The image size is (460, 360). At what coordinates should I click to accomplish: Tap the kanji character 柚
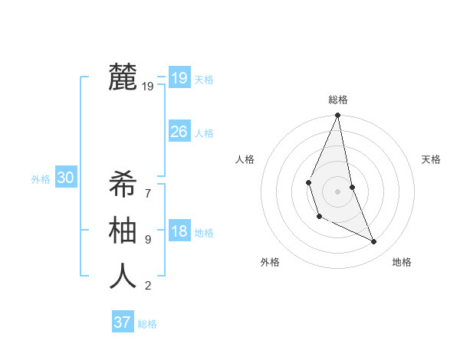[x=123, y=230]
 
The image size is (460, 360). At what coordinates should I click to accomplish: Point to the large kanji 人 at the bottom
[x=123, y=276]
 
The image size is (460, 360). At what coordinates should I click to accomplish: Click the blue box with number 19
[x=179, y=78]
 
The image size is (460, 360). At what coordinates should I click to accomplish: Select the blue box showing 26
[x=179, y=132]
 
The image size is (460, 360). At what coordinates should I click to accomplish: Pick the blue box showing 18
[x=179, y=231]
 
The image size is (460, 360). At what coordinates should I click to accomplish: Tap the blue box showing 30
[x=65, y=178]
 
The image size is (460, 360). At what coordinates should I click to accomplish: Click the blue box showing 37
[x=122, y=322]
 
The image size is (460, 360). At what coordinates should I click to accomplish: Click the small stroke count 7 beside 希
[x=148, y=185]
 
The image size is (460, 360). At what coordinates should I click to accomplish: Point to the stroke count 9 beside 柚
[x=148, y=239]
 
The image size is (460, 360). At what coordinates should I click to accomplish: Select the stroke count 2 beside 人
[x=148, y=286]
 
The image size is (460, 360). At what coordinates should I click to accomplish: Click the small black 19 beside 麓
[x=148, y=87]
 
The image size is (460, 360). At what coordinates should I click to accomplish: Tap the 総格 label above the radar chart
[x=338, y=100]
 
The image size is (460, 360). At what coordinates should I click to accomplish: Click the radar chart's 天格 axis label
[x=431, y=159]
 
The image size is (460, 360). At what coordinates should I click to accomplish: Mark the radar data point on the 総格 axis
[x=337, y=116]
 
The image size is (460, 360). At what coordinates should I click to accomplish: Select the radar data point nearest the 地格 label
[x=374, y=242]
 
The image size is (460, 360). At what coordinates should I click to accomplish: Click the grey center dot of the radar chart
[x=337, y=190]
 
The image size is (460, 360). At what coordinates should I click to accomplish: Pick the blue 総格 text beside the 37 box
[x=147, y=324]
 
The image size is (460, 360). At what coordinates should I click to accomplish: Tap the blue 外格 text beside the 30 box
[x=41, y=179]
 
